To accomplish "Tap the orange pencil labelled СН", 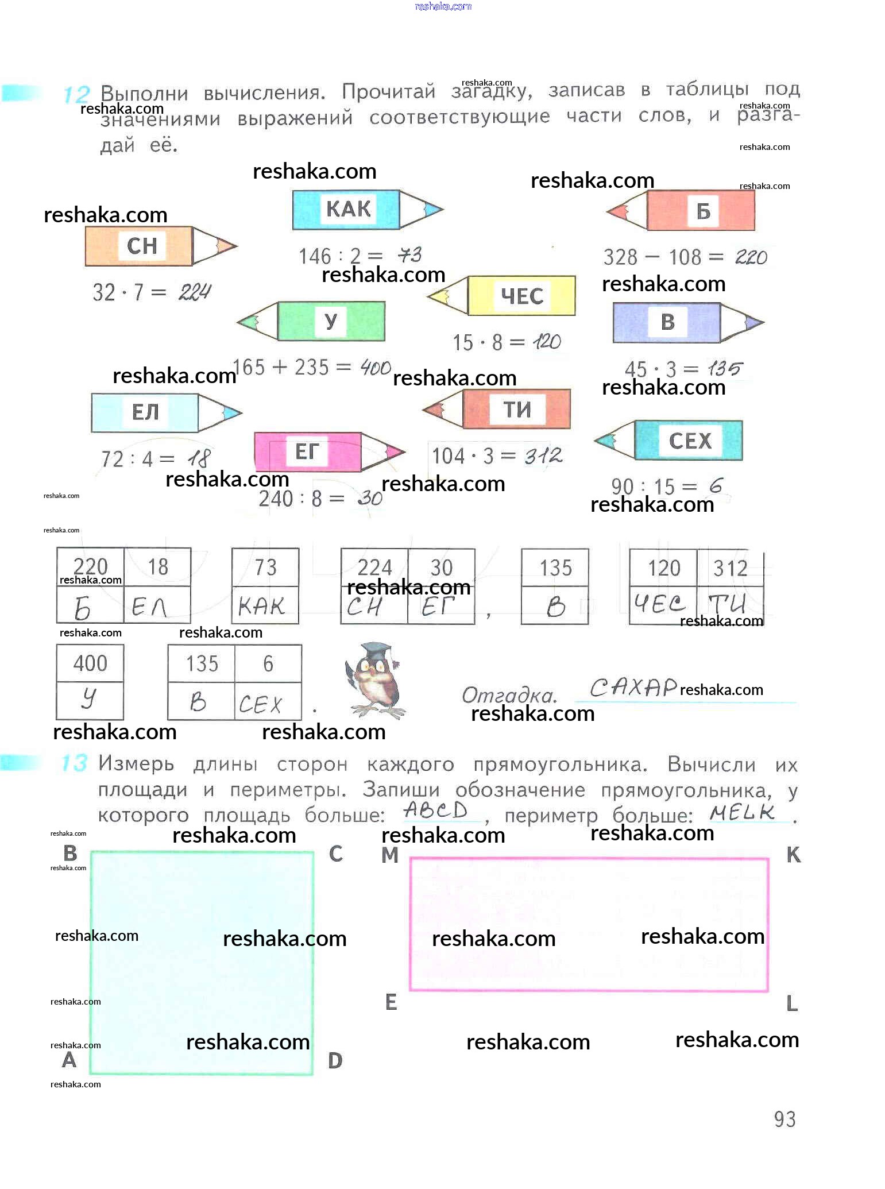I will pyautogui.click(x=160, y=246).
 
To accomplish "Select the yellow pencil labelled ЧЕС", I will pyautogui.click(x=502, y=296).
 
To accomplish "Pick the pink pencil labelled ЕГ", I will pyautogui.click(x=329, y=452).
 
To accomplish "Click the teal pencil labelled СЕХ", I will pyautogui.click(x=669, y=441).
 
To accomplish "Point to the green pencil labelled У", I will pyautogui.click(x=312, y=321).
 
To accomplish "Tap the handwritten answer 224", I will pyautogui.click(x=194, y=293).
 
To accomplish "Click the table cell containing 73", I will pyautogui.click(x=265, y=568).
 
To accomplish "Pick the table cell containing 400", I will pyautogui.click(x=90, y=663).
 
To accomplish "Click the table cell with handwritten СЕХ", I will pyautogui.click(x=267, y=702).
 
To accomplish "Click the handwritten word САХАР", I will pyautogui.click(x=633, y=688).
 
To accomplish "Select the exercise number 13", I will pyautogui.click(x=74, y=763).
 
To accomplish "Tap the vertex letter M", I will pyautogui.click(x=390, y=855).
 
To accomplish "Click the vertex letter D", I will pyautogui.click(x=335, y=1061).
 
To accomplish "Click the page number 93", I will pyautogui.click(x=784, y=1119).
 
